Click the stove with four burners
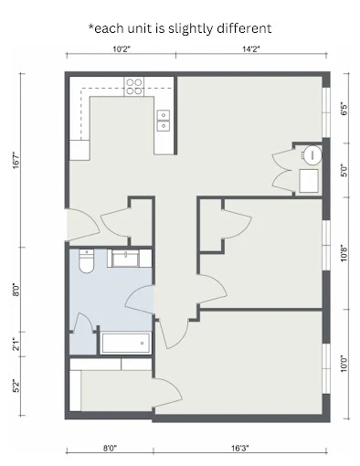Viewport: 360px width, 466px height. coord(133,87)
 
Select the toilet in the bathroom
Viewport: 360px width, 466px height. coord(86,262)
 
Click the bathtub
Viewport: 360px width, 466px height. coord(124,344)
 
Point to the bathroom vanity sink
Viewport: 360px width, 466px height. coord(123,259)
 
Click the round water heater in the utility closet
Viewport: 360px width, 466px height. coord(312,154)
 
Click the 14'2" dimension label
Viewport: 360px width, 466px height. coord(252,48)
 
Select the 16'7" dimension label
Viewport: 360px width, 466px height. coord(16,162)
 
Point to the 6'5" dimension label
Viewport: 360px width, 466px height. coord(344,108)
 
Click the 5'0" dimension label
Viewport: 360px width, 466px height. coord(344,170)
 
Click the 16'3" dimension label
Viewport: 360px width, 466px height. coord(239,449)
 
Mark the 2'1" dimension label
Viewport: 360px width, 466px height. coord(16,344)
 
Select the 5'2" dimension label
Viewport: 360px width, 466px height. coord(16,386)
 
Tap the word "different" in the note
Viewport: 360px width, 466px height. coord(241,28)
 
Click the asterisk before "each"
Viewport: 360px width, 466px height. coord(91,26)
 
